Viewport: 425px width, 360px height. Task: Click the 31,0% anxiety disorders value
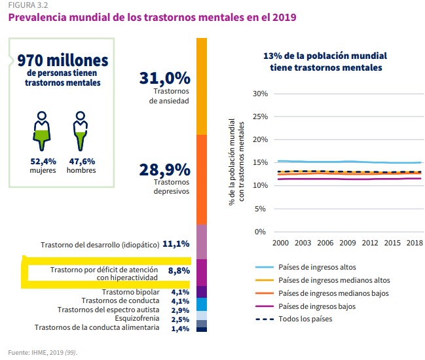[164, 78]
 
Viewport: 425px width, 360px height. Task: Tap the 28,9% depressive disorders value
[164, 170]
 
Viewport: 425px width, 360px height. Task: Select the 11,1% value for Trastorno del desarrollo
[176, 244]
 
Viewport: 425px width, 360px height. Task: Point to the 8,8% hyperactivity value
[179, 270]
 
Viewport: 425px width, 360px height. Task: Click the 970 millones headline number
[63, 61]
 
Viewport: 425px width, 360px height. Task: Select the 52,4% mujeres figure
[43, 160]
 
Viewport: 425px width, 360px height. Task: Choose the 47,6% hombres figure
[81, 160]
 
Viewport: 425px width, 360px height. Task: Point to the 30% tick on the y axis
[260, 94]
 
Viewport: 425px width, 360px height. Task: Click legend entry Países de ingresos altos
[313, 267]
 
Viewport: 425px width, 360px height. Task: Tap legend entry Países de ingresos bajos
[313, 306]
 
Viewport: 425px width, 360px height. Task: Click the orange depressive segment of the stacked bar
[202, 179]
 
